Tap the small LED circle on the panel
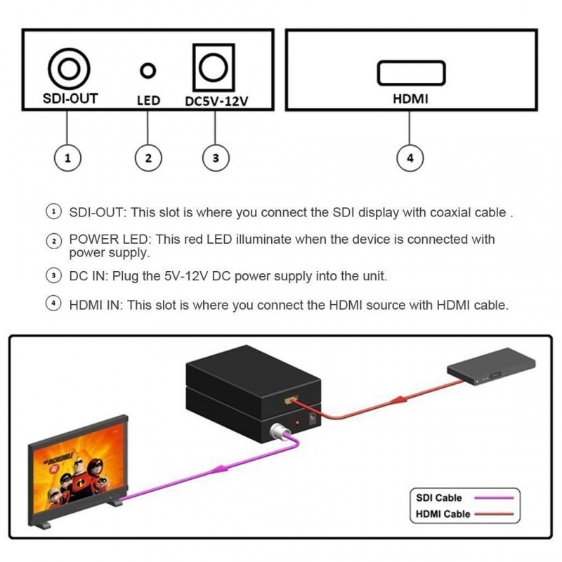click(x=148, y=70)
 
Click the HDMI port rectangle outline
click(x=411, y=73)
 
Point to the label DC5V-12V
click(x=216, y=100)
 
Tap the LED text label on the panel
click(x=148, y=100)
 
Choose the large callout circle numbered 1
click(x=67, y=158)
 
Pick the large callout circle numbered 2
click(x=148, y=158)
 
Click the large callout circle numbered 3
click(x=216, y=158)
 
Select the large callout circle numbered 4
click(x=410, y=158)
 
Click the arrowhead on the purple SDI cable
click(x=223, y=467)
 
